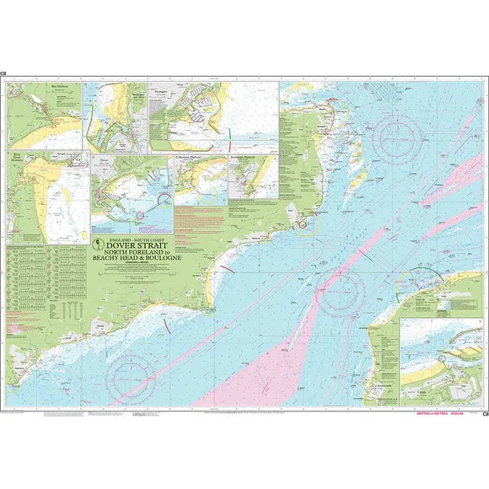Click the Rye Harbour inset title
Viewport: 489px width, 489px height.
pos(37,86)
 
